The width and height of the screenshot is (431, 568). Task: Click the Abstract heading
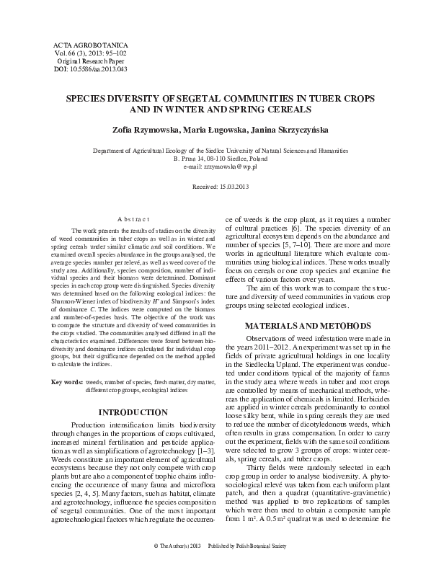[x=133, y=219]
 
